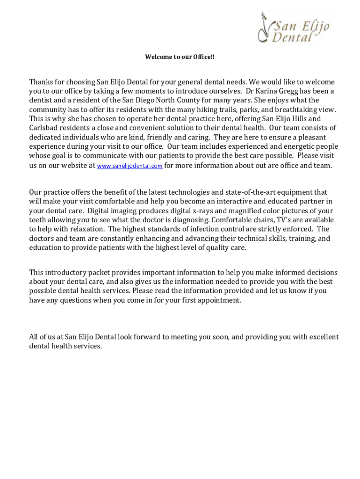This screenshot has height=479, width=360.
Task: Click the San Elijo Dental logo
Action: click(x=294, y=28)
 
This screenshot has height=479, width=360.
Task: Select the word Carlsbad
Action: click(x=44, y=128)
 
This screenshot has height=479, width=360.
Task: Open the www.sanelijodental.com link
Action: click(x=130, y=166)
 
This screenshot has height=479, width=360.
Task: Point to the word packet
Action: click(x=101, y=273)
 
